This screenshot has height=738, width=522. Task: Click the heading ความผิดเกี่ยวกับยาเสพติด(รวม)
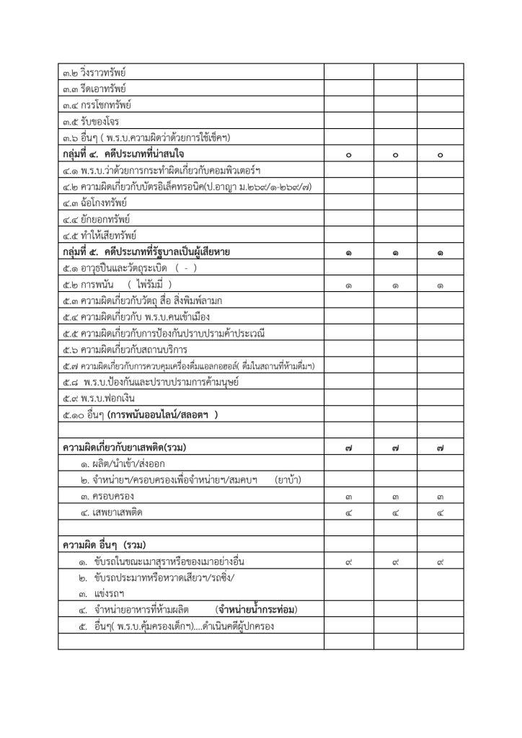point(125,448)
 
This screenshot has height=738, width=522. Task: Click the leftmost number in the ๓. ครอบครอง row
point(348,497)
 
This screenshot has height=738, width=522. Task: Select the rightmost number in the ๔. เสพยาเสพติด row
point(440,514)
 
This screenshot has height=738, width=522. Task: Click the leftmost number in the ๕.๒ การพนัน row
point(348,285)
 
